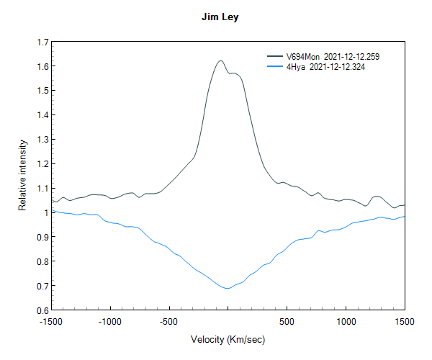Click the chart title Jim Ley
click(x=220, y=17)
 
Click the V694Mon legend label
click(x=302, y=56)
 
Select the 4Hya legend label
click(x=296, y=66)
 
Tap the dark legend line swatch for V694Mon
click(x=274, y=56)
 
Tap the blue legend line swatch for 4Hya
click(x=274, y=66)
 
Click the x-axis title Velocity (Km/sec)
click(x=228, y=339)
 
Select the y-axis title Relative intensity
click(x=23, y=176)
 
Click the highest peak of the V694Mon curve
click(x=220, y=60)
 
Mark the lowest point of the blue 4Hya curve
click(x=228, y=289)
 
